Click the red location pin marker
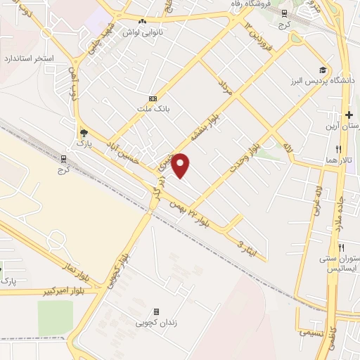coord(181,165)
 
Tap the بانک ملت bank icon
coord(153,99)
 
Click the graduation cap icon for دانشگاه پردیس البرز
coord(323,70)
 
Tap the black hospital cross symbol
coord(349,115)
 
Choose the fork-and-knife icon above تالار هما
coord(339,149)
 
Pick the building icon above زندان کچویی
coord(155,311)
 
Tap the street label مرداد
coord(226,88)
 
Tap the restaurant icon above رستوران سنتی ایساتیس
coord(342,247)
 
